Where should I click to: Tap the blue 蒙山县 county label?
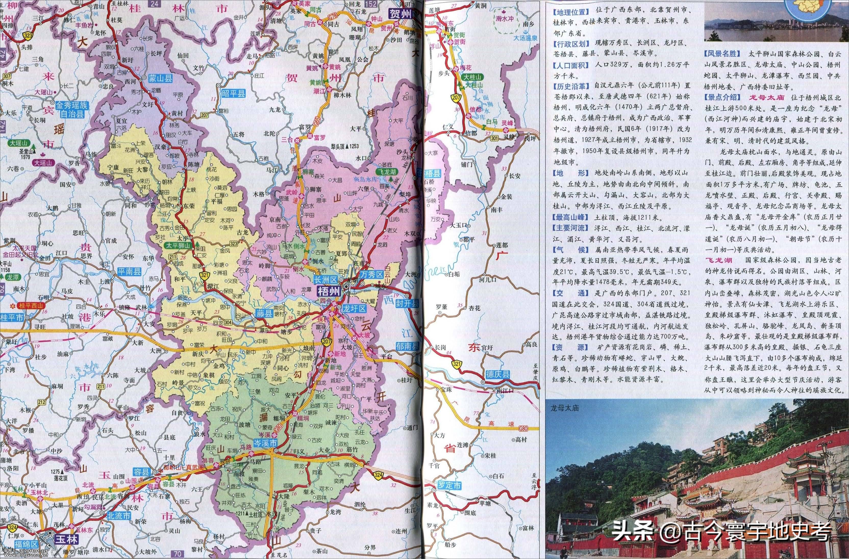click(x=161, y=79)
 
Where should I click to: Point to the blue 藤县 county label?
click(x=264, y=314)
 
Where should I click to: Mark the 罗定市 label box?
click(x=449, y=486)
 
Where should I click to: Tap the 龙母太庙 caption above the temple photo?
click(x=564, y=408)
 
